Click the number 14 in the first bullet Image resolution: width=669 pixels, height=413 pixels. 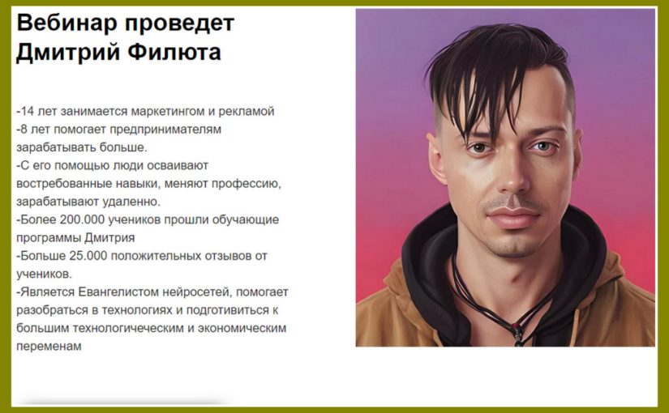pos(28,111)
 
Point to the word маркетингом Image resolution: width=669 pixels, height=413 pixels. pos(168,112)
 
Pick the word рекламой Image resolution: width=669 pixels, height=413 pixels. pos(247,111)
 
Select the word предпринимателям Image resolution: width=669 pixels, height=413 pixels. pos(165,130)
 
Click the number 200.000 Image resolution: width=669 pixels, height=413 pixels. pos(83,219)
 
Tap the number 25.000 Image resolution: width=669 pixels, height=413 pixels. pos(86,256)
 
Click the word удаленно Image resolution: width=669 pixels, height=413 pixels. pos(132,202)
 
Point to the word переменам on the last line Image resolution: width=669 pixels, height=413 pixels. pos(49,347)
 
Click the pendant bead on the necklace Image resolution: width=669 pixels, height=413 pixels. pos(517,331)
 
